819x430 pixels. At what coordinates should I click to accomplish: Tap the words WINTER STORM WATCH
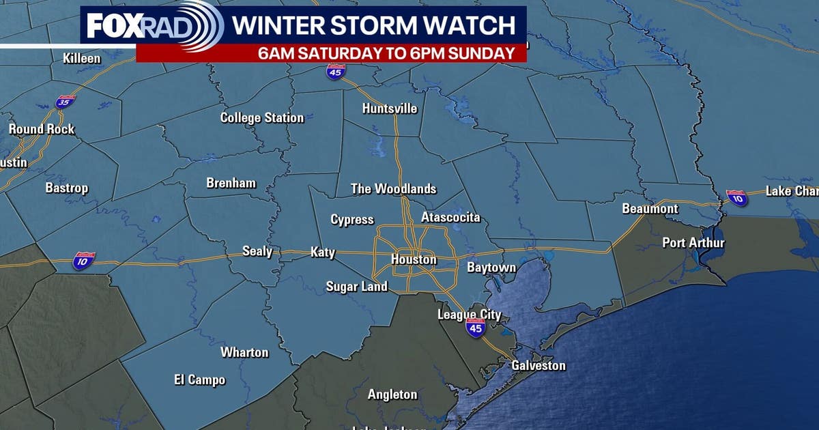click(x=373, y=25)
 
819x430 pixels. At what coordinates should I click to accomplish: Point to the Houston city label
click(x=414, y=259)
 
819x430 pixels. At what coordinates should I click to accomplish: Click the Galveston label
click(x=538, y=365)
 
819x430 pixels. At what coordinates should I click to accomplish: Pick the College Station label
click(x=261, y=117)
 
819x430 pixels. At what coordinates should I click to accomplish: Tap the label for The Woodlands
click(x=393, y=188)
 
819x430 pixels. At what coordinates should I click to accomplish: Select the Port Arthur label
click(x=693, y=242)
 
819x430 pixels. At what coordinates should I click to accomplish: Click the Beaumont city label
click(x=650, y=208)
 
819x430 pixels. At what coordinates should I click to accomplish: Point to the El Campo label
click(x=199, y=379)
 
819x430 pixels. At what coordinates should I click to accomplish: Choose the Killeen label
click(x=82, y=58)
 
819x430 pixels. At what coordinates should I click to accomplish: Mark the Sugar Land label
click(x=356, y=287)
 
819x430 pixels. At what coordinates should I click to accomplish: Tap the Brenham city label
click(x=231, y=183)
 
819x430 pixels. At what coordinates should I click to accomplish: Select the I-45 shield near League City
click(x=476, y=328)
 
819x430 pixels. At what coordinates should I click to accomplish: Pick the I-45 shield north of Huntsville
click(x=334, y=72)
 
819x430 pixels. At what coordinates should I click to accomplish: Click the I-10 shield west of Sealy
click(x=84, y=259)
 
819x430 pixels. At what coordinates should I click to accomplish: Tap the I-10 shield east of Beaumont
click(x=736, y=197)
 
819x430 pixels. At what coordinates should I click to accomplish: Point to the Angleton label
click(x=392, y=395)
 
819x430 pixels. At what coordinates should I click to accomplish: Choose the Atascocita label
click(x=450, y=217)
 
